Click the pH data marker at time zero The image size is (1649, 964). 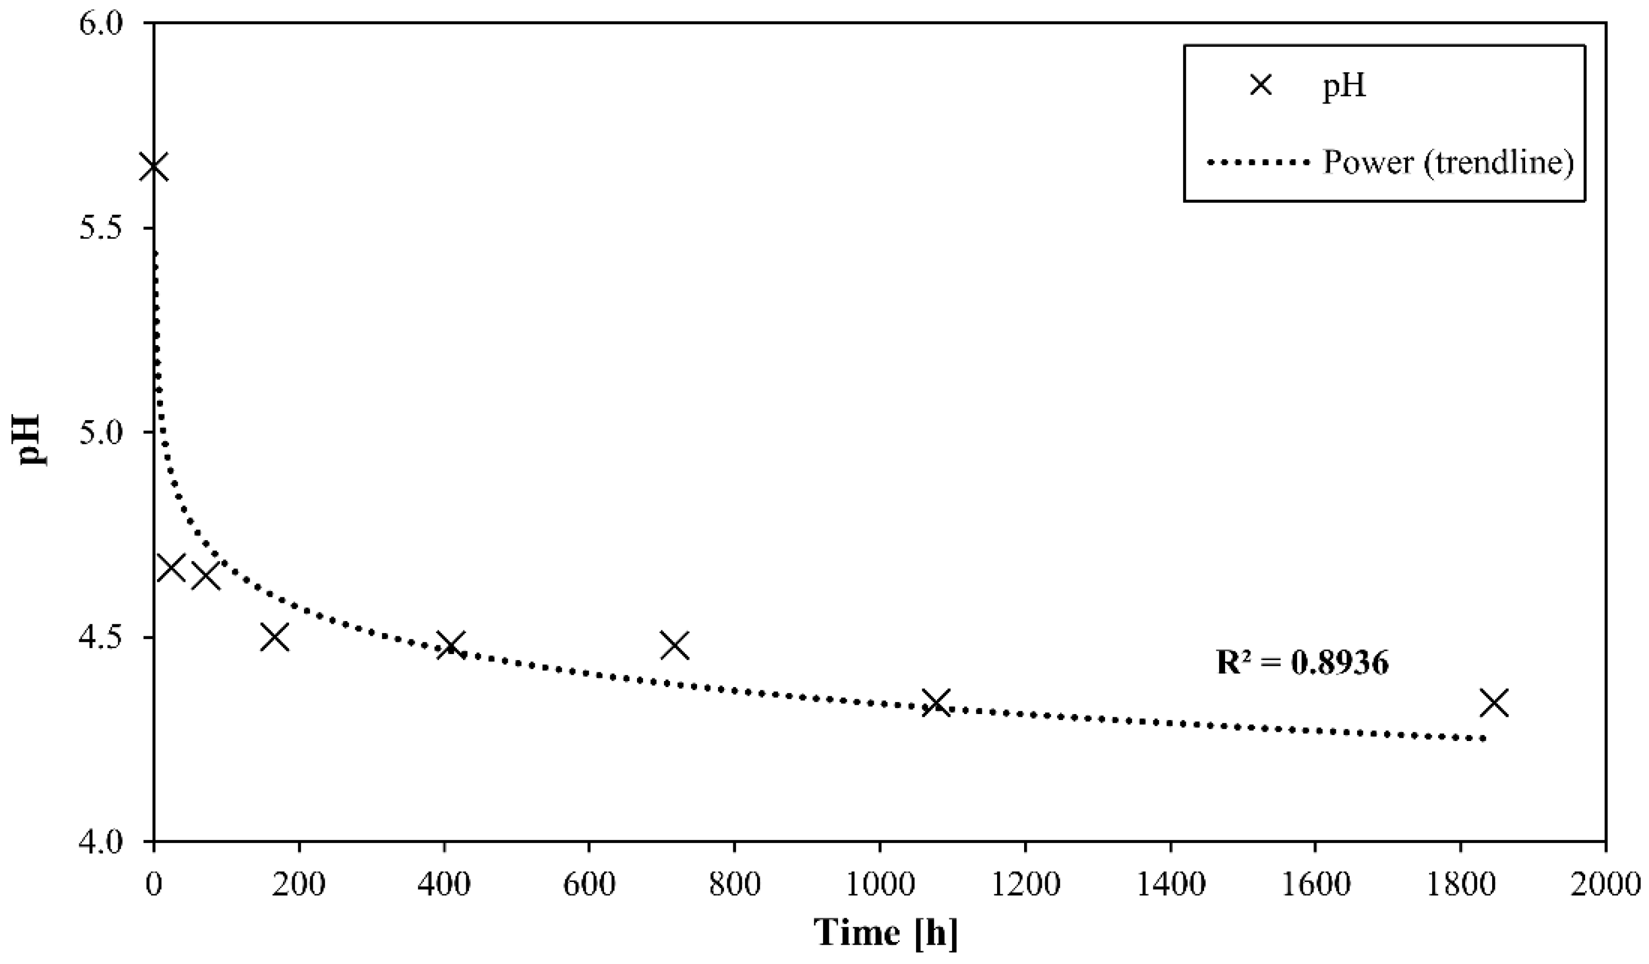pos(154,167)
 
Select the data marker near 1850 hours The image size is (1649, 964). pos(1497,703)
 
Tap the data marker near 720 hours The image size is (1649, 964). pos(674,645)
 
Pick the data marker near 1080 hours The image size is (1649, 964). pos(937,703)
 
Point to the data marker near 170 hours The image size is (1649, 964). pos(275,637)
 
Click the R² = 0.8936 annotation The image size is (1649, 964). pos(1302,663)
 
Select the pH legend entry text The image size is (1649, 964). pos(1344,86)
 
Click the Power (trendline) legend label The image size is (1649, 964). pos(1447,161)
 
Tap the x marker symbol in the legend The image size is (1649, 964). pos(1260,86)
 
